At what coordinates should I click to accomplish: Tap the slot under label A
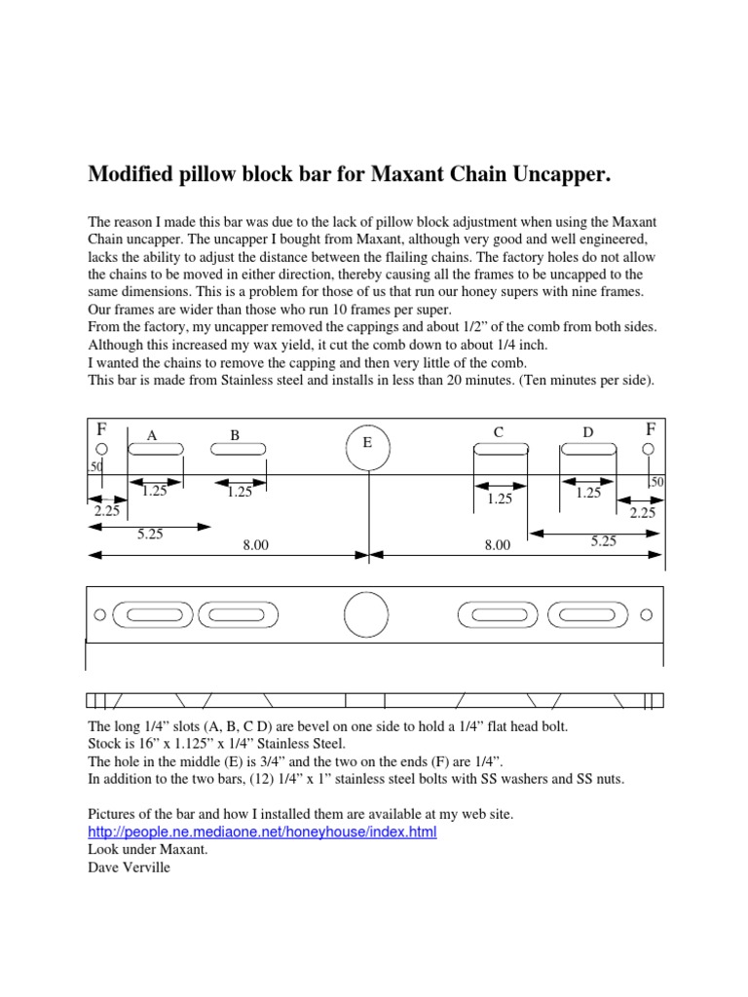coord(157,449)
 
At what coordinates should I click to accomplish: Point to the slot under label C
coord(501,449)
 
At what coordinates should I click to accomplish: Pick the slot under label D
coord(587,449)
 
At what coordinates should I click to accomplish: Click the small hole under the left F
coord(102,449)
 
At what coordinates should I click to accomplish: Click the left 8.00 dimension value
coord(255,546)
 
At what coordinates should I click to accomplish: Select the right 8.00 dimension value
coord(497,546)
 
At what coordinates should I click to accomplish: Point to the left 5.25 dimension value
coord(150,534)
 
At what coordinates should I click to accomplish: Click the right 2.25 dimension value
coord(642,512)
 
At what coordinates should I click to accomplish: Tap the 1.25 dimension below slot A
coord(155,492)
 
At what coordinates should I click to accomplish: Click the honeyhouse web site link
coord(262,832)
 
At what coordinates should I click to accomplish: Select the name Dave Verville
coord(129,867)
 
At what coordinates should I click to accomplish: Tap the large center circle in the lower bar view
coord(367,614)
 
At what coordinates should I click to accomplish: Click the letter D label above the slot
coord(587,431)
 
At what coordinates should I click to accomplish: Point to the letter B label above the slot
coord(235,435)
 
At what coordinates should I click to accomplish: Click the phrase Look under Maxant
coord(147,849)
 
